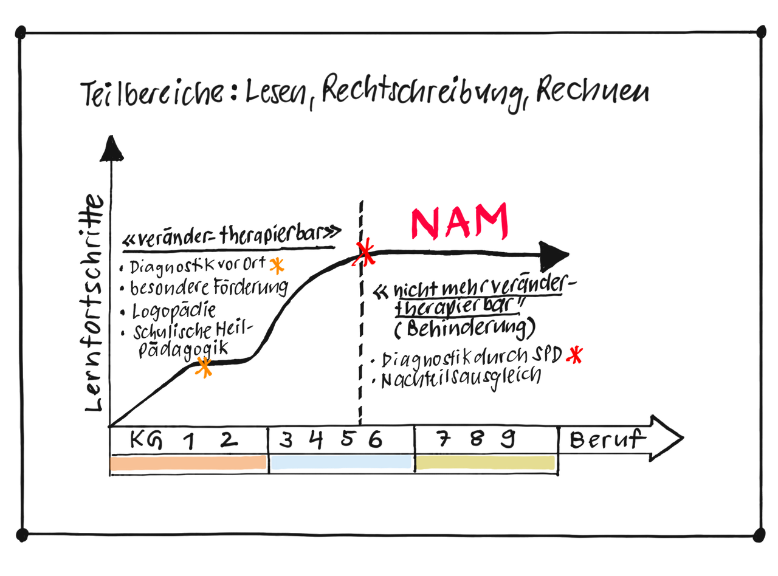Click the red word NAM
[x=460, y=221]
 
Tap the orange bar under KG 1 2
[x=188, y=463]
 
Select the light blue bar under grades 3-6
[x=341, y=462]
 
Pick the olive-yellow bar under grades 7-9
[x=485, y=463]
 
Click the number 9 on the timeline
[x=508, y=438]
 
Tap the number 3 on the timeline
[x=285, y=439]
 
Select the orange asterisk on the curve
[x=204, y=368]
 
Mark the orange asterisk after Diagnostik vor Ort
[x=277, y=266]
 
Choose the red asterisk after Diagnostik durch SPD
[x=573, y=355]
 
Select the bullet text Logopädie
[x=175, y=312]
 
